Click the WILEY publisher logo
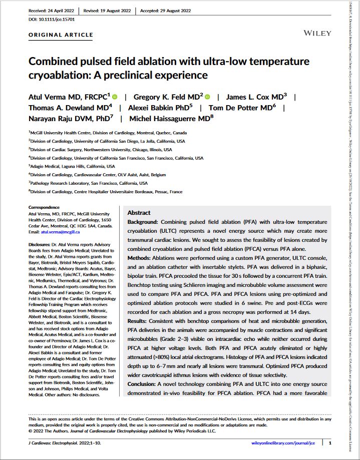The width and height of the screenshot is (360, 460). point(317,33)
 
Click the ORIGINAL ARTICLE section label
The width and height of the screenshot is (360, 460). point(61,35)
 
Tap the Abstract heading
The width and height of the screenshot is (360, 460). point(139,213)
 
